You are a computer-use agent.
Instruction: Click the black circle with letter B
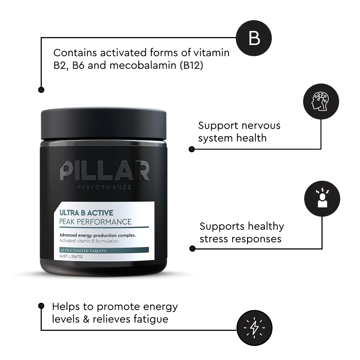pyautogui.click(x=254, y=38)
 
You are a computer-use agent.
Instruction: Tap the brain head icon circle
pyautogui.click(x=321, y=102)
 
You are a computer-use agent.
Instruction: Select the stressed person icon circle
pyautogui.click(x=322, y=198)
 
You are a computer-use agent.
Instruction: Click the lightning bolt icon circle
pyautogui.click(x=254, y=328)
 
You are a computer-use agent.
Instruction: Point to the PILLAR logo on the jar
pyautogui.click(x=104, y=171)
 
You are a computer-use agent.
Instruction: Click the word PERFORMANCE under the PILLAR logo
pyautogui.click(x=104, y=187)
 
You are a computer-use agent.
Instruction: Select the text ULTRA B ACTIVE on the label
pyautogui.click(x=86, y=213)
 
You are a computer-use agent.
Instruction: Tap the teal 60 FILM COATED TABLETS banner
pyautogui.click(x=104, y=250)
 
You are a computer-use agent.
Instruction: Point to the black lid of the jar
pyautogui.click(x=103, y=122)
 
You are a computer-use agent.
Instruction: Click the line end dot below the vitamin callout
pyautogui.click(x=41, y=89)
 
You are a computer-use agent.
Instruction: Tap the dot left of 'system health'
pyautogui.click(x=192, y=149)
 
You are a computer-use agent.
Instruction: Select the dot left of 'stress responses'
pyautogui.click(x=192, y=248)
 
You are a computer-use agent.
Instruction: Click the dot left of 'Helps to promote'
pyautogui.click(x=41, y=305)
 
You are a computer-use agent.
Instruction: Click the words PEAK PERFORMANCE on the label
pyautogui.click(x=95, y=221)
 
